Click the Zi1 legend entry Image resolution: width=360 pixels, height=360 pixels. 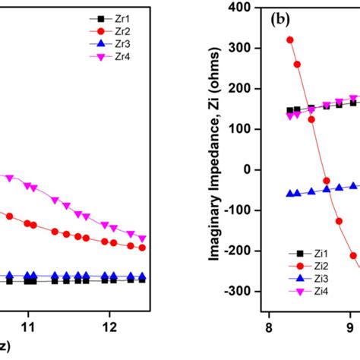click(292, 253)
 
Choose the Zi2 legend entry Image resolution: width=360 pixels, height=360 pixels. click(292, 266)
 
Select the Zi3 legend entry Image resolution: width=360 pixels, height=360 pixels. click(292, 279)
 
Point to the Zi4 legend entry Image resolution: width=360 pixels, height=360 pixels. click(292, 292)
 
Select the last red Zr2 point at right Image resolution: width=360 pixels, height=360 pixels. click(142, 248)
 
